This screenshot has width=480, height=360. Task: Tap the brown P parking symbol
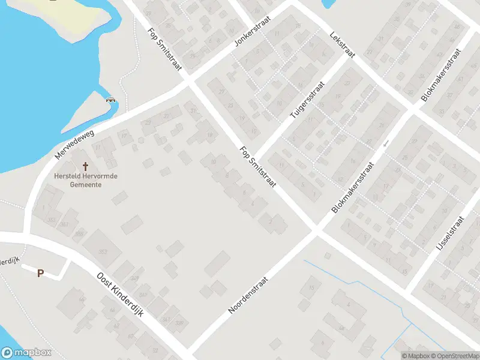tap(41, 274)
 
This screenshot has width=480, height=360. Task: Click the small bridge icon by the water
tap(110, 100)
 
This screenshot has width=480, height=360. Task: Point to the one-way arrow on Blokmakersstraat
tap(386, 143)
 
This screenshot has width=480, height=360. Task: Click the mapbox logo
tap(25, 353)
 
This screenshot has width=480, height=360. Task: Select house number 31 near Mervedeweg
tap(192, 112)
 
